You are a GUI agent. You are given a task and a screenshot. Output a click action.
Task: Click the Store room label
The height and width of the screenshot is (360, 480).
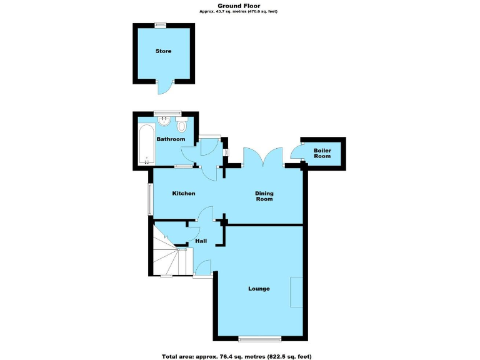coord(163,51)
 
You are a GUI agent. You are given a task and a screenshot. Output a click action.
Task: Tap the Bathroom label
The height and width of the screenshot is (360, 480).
coord(171,139)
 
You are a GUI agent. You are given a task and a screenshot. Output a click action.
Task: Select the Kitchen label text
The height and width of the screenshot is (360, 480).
coord(184,194)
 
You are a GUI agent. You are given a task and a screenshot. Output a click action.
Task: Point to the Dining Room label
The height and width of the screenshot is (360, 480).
coord(264,196)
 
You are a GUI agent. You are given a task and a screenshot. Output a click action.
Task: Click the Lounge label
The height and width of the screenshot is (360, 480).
coord(259,289)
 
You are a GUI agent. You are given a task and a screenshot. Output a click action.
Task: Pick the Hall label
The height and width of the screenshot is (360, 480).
coord(201,241)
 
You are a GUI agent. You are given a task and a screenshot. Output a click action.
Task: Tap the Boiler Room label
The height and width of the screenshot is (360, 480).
coord(322,153)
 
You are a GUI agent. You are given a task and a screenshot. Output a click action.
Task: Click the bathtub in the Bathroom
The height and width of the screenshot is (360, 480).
coord(145,144)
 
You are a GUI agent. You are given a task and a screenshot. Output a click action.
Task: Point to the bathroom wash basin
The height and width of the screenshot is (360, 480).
coord(166,121)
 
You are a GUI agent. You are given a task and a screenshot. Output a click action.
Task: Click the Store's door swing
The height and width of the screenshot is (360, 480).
coord(164,89)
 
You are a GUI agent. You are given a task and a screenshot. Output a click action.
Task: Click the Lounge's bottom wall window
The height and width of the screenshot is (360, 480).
coord(259,339)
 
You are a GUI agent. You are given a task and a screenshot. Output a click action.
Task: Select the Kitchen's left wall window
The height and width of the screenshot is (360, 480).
coord(150,199)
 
